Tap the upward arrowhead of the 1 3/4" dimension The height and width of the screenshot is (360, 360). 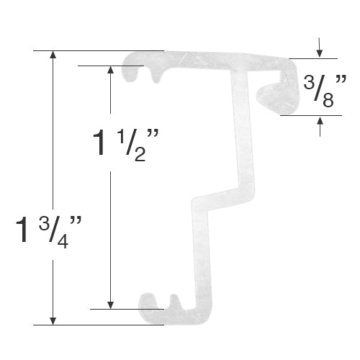53,56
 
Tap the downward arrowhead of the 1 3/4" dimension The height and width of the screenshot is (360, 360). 53,319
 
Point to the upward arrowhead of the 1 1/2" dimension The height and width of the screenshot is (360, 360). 110,71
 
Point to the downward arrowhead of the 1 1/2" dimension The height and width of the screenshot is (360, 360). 110,303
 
